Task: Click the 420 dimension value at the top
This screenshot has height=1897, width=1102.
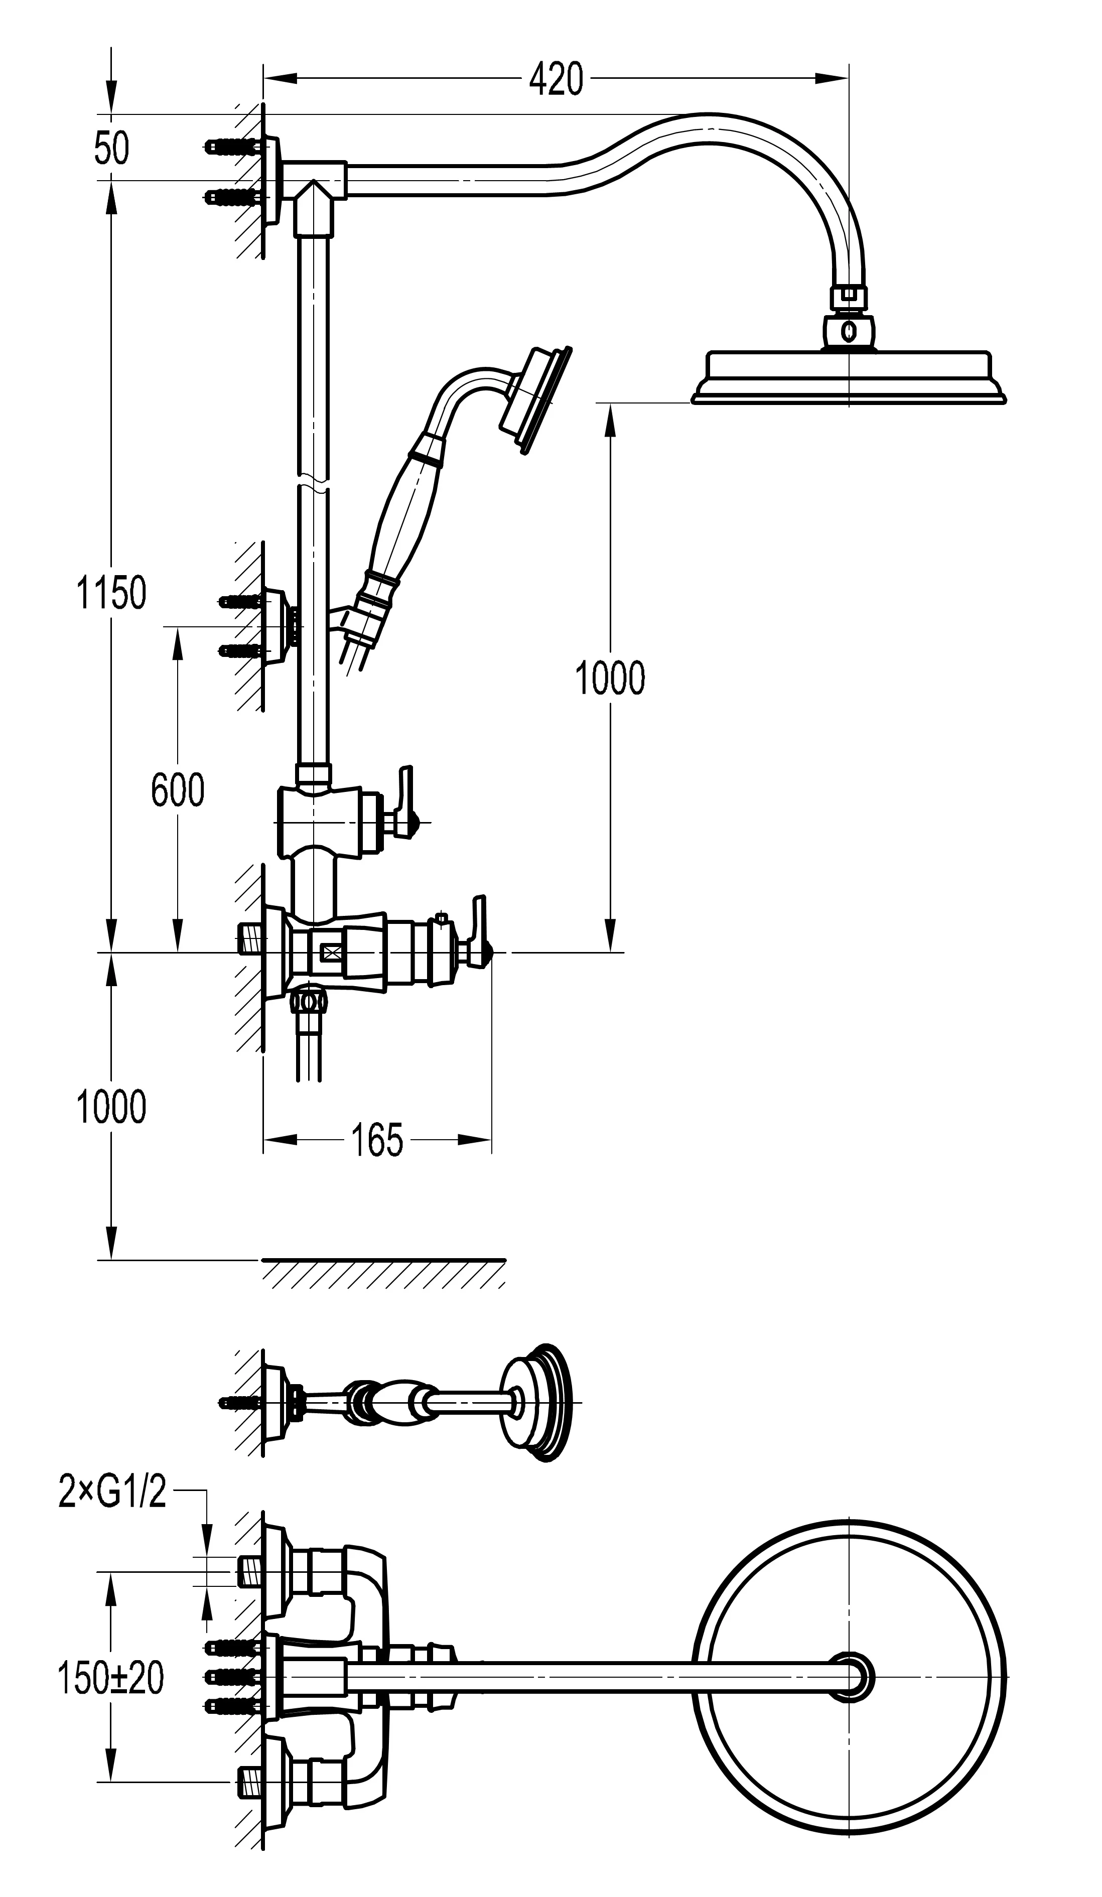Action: [x=556, y=79]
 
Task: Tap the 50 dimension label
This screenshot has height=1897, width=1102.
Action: [x=111, y=149]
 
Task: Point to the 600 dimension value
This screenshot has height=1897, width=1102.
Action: [x=178, y=790]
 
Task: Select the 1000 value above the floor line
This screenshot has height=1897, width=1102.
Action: [x=111, y=1107]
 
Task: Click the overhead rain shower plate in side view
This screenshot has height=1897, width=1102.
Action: [x=848, y=376]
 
